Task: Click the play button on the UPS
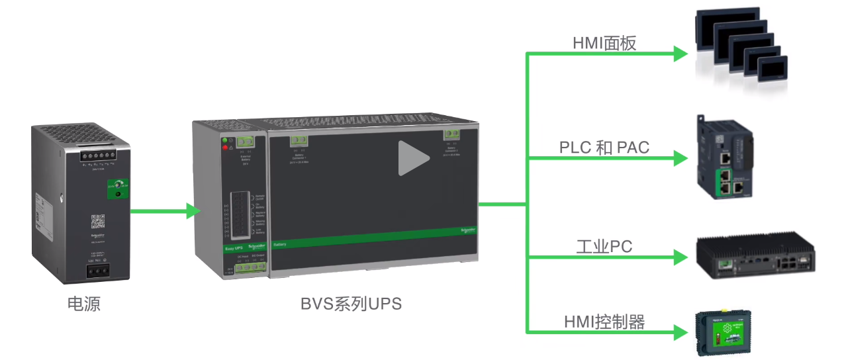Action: [412, 158]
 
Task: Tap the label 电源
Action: [84, 304]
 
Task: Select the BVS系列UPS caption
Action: [351, 304]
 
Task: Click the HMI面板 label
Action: [604, 43]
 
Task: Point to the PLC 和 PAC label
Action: [604, 148]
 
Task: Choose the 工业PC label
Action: [604, 247]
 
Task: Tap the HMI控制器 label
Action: [604, 322]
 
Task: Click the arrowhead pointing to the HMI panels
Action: [680, 54]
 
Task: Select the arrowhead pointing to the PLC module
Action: [680, 159]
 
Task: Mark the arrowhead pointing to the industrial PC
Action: [680, 256]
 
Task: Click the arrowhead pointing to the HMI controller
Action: [680, 332]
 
